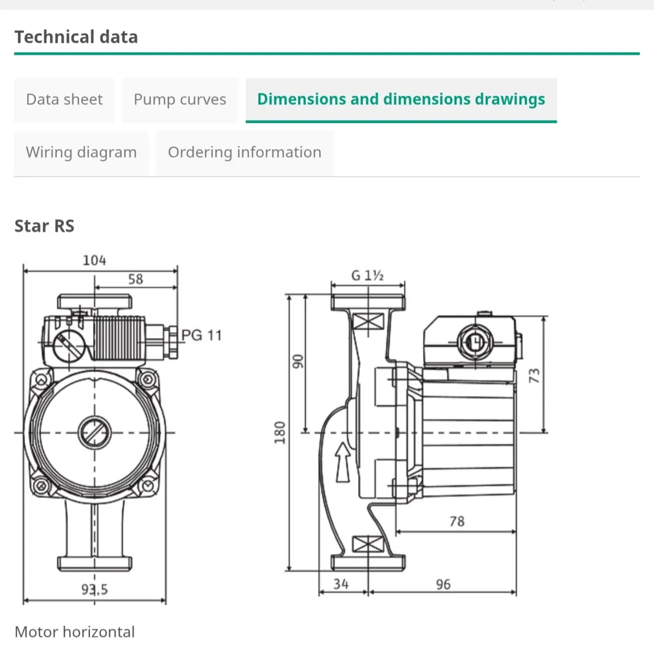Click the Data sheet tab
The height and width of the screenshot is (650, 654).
(x=64, y=100)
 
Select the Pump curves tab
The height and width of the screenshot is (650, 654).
(x=180, y=100)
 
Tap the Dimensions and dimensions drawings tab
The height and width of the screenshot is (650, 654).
(x=401, y=100)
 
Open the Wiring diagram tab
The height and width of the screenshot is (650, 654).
(x=81, y=152)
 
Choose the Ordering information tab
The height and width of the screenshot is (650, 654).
(x=244, y=152)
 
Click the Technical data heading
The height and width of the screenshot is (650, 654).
(x=76, y=37)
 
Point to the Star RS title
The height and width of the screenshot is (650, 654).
(x=44, y=226)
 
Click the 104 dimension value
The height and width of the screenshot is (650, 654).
(x=94, y=261)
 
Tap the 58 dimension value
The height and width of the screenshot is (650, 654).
(x=136, y=279)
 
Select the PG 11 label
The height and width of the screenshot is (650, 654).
(x=202, y=335)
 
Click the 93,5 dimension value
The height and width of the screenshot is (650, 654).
(x=95, y=590)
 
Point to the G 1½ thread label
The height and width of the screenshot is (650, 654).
(x=367, y=275)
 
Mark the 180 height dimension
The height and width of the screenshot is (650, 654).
(x=280, y=432)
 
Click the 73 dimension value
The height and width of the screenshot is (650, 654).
(x=535, y=375)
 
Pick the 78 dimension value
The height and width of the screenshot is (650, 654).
(x=457, y=522)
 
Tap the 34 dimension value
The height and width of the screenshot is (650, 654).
(x=341, y=584)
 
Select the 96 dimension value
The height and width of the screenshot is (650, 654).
(x=443, y=585)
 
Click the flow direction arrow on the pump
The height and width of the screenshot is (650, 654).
(x=343, y=462)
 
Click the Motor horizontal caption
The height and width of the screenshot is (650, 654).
(x=75, y=632)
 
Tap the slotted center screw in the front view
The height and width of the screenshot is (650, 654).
(x=94, y=433)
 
